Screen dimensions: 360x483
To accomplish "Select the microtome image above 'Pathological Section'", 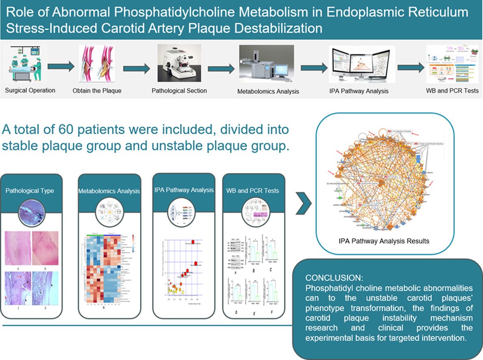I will point(179,63).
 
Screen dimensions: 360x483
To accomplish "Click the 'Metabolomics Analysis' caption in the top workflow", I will point(268,91).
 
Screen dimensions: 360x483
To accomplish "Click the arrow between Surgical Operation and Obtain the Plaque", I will point(61,66).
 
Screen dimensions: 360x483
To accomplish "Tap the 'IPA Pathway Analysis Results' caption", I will point(383,241).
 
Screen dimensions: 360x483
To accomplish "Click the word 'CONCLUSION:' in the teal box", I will point(330,279).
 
